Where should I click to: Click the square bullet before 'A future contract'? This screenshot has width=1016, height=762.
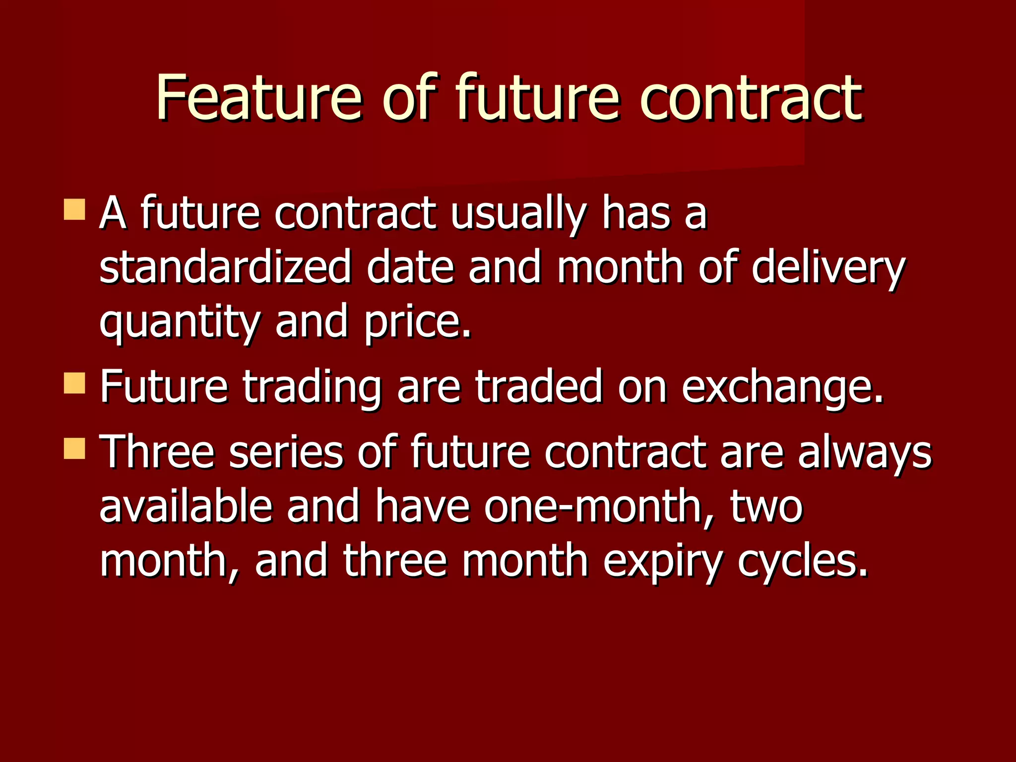coord(75,209)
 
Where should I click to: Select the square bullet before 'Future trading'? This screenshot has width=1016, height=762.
coord(75,383)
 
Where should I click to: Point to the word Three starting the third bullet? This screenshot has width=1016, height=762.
coord(157,451)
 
